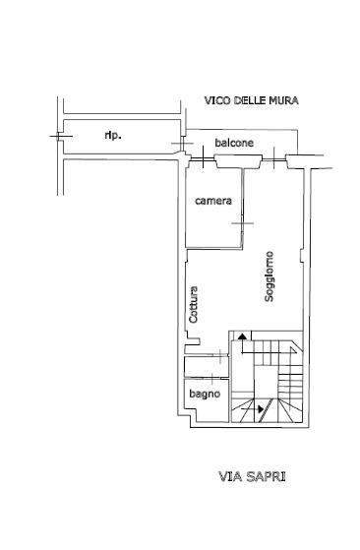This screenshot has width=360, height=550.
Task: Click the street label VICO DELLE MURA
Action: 251,100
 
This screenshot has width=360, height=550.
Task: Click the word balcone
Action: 234,144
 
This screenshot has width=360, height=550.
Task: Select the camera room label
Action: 212,202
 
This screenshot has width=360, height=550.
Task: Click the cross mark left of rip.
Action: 58,135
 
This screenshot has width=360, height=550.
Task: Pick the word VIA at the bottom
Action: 228,477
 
